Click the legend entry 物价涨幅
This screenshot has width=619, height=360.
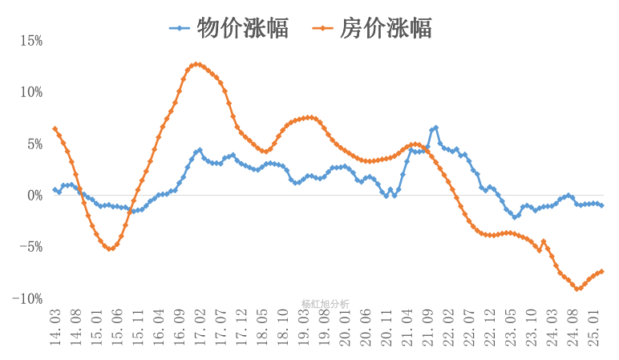click(x=229, y=28)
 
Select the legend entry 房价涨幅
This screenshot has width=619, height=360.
click(x=373, y=28)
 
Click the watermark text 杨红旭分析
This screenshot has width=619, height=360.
click(x=325, y=304)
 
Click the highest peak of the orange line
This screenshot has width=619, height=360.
click(x=196, y=64)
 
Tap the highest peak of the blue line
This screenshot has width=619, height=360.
click(x=435, y=127)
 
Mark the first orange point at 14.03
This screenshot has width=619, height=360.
click(x=55, y=129)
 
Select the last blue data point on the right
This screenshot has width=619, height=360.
click(x=601, y=205)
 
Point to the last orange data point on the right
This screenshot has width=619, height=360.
click(x=601, y=271)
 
